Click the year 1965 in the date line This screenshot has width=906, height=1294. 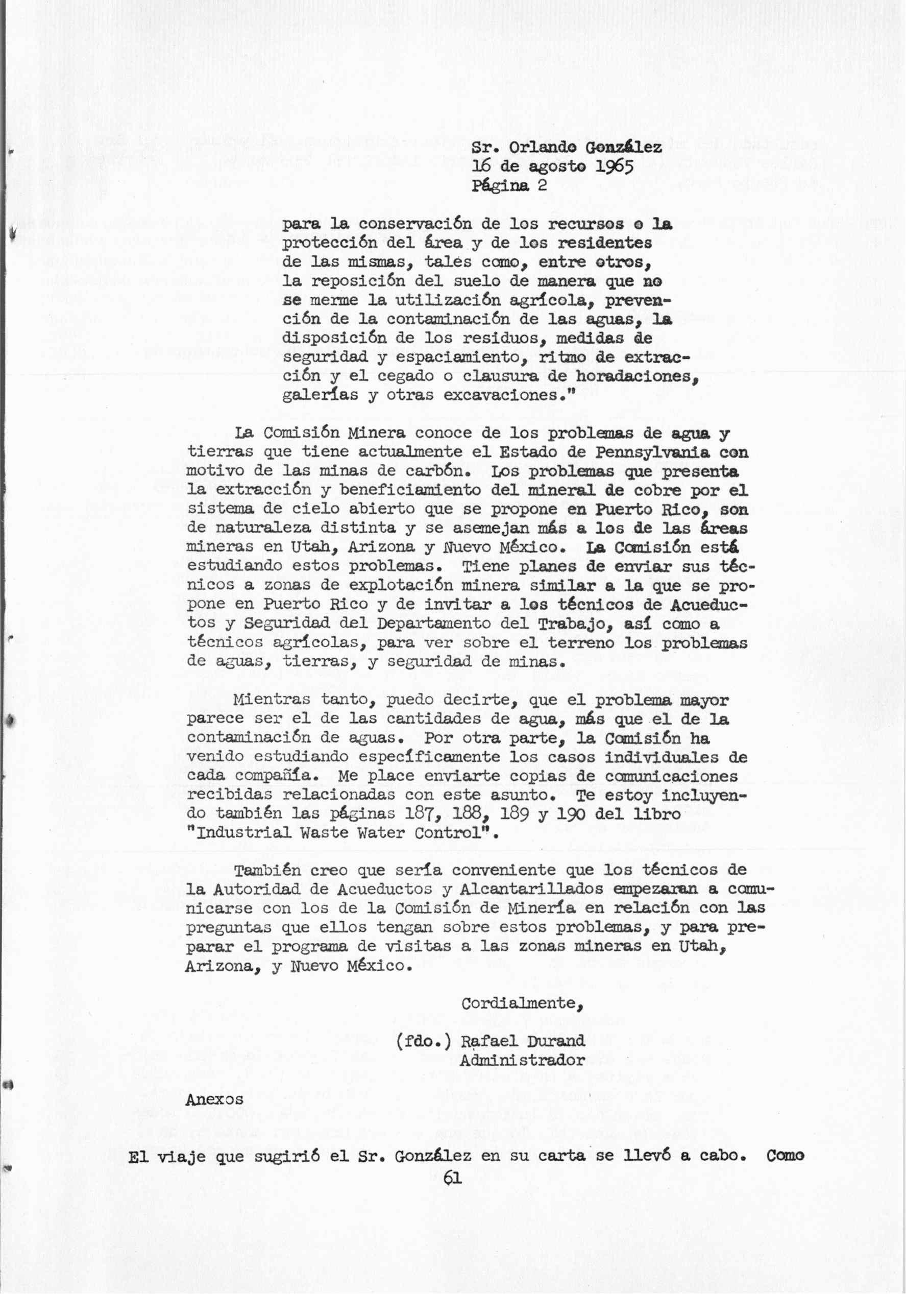point(612,167)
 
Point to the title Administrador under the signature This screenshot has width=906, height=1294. point(522,1060)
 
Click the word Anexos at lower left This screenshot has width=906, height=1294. point(214,1098)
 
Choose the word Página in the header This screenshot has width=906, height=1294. point(501,186)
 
